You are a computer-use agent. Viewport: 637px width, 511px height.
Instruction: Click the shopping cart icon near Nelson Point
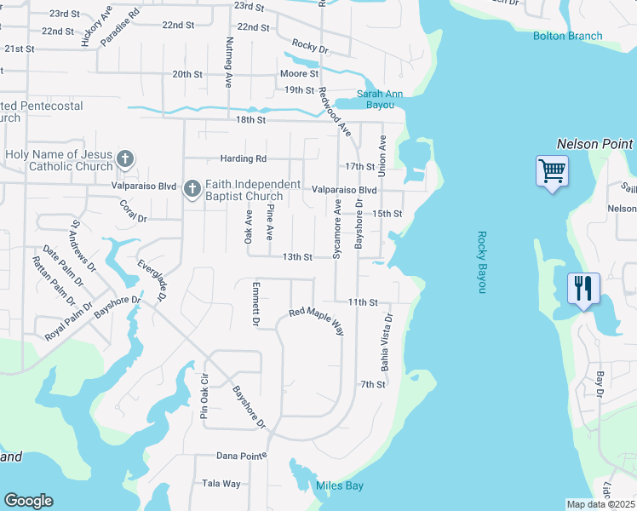coord(552,172)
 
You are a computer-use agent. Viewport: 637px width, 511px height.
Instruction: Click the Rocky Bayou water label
coord(482,262)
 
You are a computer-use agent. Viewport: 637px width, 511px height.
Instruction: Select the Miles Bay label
coord(340,485)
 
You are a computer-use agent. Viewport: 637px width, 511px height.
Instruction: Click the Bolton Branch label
coord(567,36)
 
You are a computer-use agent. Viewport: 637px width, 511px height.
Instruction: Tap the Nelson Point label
coord(595,145)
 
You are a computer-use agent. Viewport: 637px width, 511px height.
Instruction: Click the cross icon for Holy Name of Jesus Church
coord(125,158)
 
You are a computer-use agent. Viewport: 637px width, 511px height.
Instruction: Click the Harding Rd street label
coord(244,158)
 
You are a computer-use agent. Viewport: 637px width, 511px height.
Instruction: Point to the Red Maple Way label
coord(316,320)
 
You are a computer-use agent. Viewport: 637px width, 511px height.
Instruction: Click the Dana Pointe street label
coord(241,456)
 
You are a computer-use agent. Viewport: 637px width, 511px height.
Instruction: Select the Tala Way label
coord(221,483)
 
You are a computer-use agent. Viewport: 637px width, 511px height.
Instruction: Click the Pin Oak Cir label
coord(204,397)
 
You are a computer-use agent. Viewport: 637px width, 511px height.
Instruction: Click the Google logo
coord(28,501)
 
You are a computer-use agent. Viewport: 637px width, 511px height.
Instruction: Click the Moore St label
coord(299,74)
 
